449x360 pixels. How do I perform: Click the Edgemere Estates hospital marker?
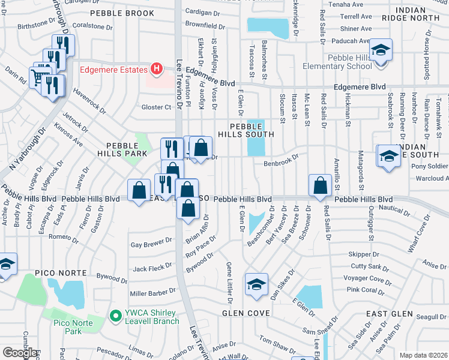tap(157, 70)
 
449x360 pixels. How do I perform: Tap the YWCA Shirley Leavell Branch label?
tap(149, 317)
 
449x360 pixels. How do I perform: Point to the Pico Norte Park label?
tap(67, 327)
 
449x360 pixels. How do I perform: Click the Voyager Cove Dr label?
tap(363, 278)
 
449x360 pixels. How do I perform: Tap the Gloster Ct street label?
tap(156, 107)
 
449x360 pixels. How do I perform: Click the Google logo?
tap(19, 353)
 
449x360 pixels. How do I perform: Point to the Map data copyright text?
tap(423, 355)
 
